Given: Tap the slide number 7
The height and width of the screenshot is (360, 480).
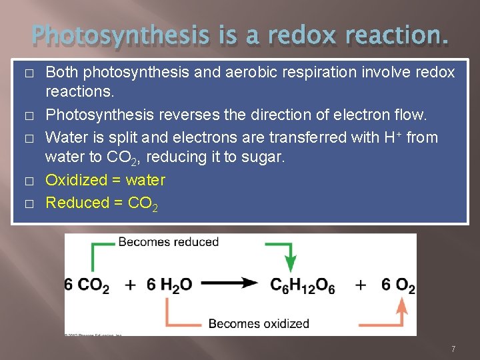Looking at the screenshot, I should click(453, 349).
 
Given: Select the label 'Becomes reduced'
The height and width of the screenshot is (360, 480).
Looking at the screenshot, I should click(169, 242).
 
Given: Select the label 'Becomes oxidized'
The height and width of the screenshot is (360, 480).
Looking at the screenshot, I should click(259, 324).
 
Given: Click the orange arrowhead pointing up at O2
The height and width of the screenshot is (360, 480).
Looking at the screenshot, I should click(402, 307).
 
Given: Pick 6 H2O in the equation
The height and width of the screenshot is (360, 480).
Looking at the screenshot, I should click(169, 285).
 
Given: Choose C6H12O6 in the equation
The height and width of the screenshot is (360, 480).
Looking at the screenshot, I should click(302, 285).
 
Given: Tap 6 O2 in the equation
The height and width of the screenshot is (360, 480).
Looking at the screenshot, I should click(398, 285).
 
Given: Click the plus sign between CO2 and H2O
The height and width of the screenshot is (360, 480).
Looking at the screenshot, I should click(131, 285).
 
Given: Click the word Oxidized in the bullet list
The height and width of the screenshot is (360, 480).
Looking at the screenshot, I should click(76, 180).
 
